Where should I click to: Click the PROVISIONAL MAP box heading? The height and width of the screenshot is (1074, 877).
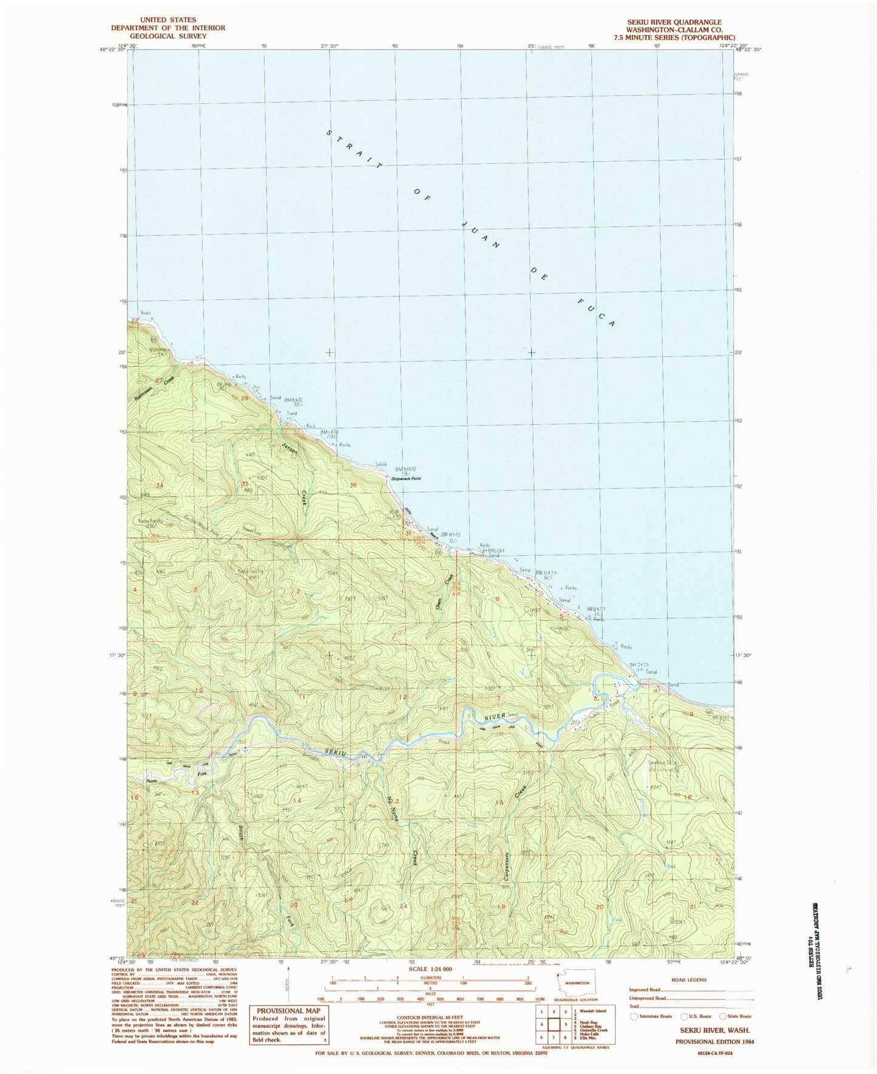click(x=289, y=1011)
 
